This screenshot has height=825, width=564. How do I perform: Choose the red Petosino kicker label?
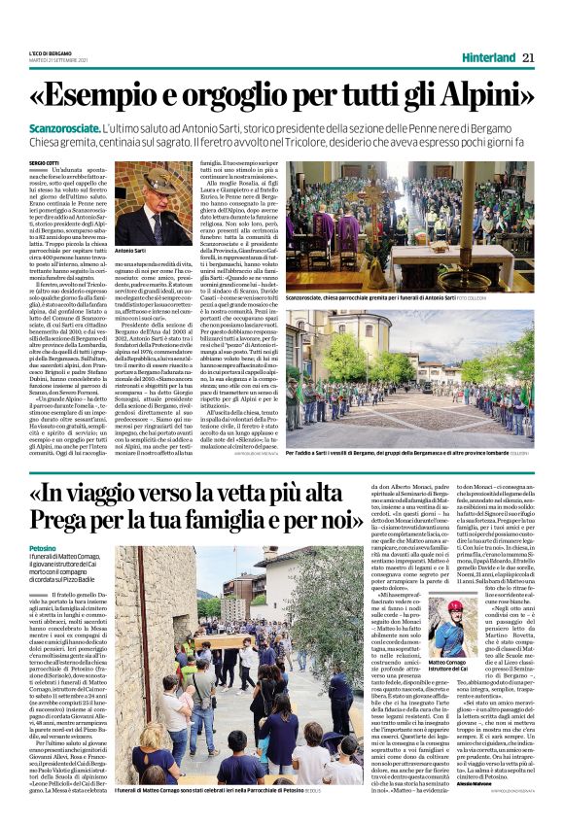click(x=56, y=549)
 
